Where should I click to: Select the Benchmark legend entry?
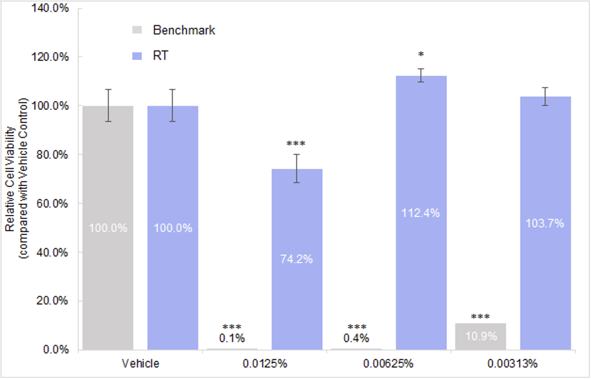184,30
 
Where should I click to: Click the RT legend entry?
160,56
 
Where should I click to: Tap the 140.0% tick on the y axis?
50,8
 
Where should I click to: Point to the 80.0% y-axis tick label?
52,155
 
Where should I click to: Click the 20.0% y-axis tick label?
52,301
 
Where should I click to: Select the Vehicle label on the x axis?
140,364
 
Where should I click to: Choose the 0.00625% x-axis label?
388,364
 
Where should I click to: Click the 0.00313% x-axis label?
512,364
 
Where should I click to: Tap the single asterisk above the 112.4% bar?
421,54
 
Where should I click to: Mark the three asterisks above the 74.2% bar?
296,143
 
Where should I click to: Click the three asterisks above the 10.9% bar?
480,317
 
